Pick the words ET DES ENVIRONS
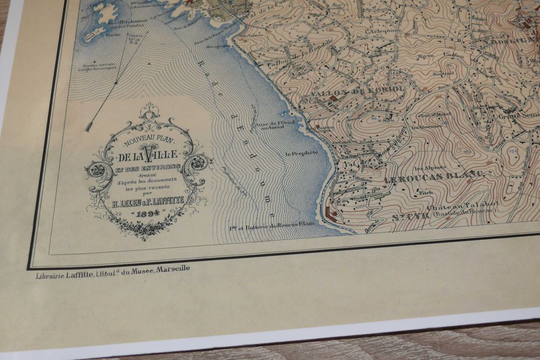point(147,167)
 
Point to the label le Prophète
point(301,153)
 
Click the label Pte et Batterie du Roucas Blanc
point(272,226)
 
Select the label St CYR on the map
point(407,218)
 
